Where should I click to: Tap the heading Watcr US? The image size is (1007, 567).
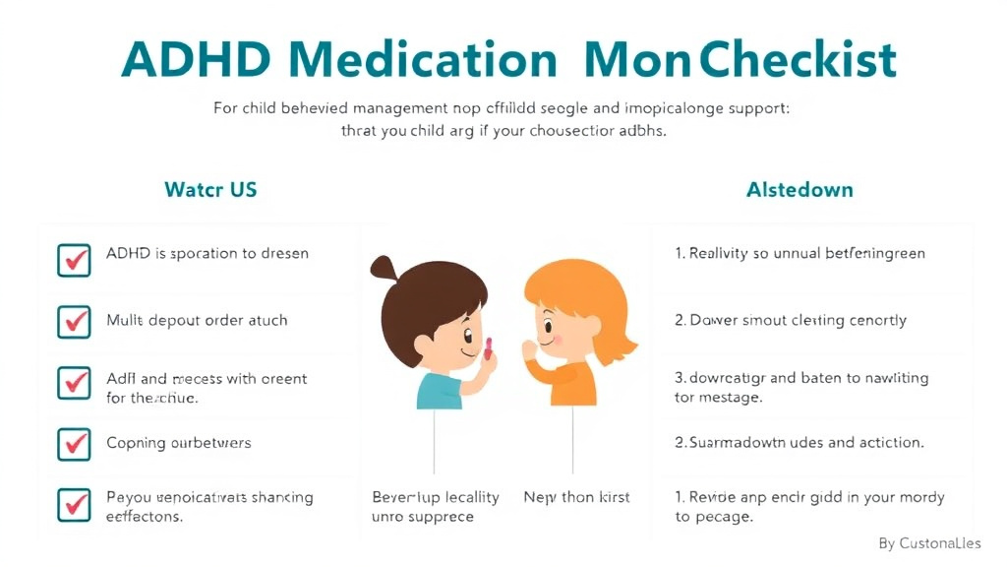(210, 189)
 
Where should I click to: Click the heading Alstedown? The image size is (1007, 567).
(800, 189)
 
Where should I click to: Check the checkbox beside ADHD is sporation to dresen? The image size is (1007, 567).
(75, 258)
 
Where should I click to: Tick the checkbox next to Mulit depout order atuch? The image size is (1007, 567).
(75, 321)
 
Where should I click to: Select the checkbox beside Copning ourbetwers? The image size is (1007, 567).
(75, 444)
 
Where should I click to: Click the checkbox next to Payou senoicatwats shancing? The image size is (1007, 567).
(75, 505)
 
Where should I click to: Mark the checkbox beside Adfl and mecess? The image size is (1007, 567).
(75, 383)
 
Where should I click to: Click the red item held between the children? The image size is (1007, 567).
(488, 346)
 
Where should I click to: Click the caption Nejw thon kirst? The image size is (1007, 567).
(576, 497)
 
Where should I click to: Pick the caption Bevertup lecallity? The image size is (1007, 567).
(436, 497)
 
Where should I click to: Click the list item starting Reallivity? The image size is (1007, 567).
(799, 253)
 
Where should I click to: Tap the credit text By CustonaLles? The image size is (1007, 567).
(929, 543)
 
